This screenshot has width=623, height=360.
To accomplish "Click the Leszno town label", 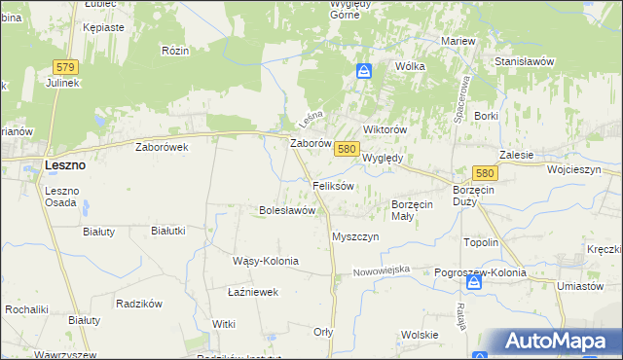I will coord(65,165).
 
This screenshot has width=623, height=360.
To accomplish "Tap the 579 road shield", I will coord(65,65).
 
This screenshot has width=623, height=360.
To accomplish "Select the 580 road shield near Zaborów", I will coord(346,149).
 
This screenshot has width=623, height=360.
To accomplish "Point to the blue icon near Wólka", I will coord(364,71).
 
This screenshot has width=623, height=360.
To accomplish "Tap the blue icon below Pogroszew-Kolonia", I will coord(473,283).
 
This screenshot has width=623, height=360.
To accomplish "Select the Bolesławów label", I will coord(287,209).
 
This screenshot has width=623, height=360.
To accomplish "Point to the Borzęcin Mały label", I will coord(416,211).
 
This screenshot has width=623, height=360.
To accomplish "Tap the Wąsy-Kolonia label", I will coord(265,261).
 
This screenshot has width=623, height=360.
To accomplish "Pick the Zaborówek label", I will coord(162,147).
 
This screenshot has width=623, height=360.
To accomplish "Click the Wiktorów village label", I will coord(384,129).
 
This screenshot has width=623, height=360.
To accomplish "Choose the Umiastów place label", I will coord(581,286).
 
